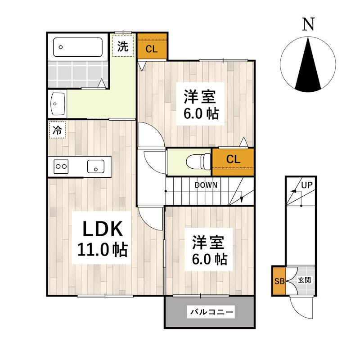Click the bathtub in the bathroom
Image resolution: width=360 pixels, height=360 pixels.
(77, 47)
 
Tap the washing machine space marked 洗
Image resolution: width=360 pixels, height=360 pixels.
(123, 46)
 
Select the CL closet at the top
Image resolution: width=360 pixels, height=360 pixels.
(152, 47)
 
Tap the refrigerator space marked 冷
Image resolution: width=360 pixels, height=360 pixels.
(57, 130)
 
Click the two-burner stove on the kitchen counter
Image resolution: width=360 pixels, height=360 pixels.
(61, 166)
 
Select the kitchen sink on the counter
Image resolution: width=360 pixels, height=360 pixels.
(96, 166)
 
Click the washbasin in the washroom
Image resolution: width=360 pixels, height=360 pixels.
(58, 104)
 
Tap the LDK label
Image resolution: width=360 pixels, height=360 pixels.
(103, 229)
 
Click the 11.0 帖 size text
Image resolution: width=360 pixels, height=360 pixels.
(103, 250)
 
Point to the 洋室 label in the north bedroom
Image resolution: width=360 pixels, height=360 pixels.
(200, 97)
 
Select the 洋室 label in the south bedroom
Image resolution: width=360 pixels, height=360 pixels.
(208, 243)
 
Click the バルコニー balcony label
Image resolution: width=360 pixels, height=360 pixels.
(211, 312)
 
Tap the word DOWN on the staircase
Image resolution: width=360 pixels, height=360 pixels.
(206, 185)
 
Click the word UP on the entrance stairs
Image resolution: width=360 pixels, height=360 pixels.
(307, 185)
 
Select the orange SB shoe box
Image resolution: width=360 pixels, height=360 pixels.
(279, 281)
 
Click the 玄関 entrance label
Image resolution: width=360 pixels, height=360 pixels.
(305, 280)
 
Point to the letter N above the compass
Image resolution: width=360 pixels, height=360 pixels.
(308, 24)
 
